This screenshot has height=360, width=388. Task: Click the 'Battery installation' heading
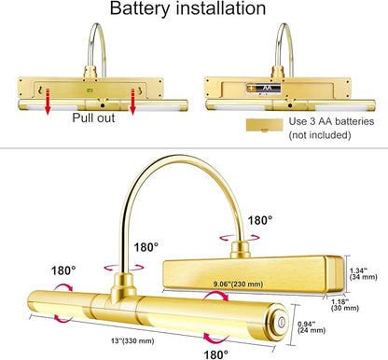(x=187, y=8)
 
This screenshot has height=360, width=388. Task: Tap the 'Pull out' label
(x=93, y=118)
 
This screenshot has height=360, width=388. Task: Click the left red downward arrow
(x=48, y=102)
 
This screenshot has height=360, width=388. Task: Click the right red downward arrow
(x=132, y=102)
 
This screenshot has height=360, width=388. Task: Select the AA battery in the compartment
(x=264, y=89)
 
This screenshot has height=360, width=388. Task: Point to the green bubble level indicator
(x=90, y=90)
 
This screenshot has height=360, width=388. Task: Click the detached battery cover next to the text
(x=265, y=125)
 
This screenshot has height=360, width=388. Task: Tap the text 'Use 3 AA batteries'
(x=331, y=121)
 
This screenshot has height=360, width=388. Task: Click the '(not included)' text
(x=320, y=135)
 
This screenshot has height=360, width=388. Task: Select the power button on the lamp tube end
(x=281, y=322)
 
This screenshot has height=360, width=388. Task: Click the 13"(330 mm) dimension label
(x=132, y=340)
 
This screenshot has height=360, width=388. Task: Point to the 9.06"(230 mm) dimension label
(x=238, y=284)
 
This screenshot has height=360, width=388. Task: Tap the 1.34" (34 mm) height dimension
(x=363, y=273)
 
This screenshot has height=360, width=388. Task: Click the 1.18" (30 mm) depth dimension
(x=345, y=305)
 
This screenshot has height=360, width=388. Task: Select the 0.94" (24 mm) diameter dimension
(x=312, y=327)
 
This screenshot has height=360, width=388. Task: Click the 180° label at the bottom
(x=215, y=354)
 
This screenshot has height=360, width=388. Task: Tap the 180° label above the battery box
(x=260, y=220)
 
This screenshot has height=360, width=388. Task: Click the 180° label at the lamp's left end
(x=63, y=270)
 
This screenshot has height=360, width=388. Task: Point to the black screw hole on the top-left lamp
(x=103, y=105)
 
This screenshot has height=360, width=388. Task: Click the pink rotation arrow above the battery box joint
(x=240, y=238)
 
